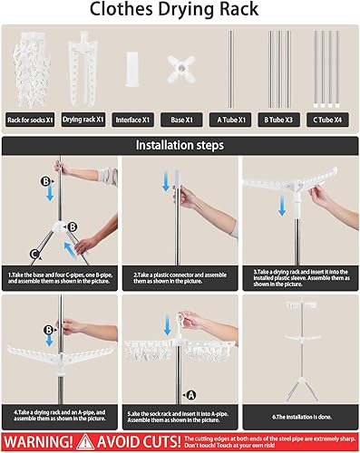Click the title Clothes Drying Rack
180,12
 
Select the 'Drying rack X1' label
83,119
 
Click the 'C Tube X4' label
330,119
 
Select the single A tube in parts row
233,68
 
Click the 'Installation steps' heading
180,144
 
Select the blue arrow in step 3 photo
283,207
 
